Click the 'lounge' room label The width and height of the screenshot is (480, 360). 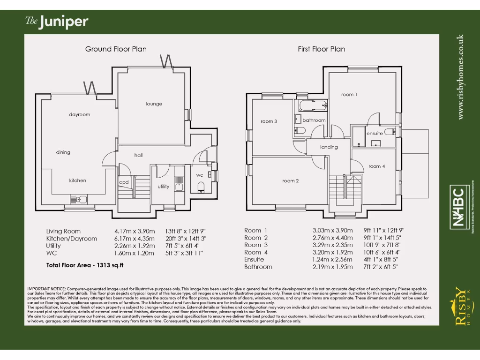[x=154, y=104]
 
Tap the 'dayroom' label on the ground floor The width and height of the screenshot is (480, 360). [x=79, y=114]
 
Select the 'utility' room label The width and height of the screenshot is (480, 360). [x=163, y=187]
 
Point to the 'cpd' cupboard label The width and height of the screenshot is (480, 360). [x=124, y=182]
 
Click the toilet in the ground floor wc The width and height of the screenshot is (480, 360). [x=201, y=187]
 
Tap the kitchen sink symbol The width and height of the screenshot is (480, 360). [x=78, y=199]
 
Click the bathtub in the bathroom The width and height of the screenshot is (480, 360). [x=312, y=105]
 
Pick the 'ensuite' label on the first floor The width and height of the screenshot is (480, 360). [x=375, y=133]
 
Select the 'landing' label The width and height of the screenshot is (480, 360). [x=329, y=147]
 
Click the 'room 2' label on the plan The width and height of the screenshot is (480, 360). [x=291, y=181]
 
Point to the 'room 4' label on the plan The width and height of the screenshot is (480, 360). [x=377, y=166]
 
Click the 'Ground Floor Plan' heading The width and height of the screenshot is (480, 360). [x=116, y=49]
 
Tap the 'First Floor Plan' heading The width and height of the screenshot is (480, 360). [x=322, y=49]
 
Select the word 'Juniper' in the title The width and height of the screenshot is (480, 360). [x=64, y=22]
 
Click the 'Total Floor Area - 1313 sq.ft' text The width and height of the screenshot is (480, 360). [x=84, y=265]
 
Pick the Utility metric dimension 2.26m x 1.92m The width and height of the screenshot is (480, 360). [x=134, y=246]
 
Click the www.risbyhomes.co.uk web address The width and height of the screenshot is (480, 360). [x=461, y=76]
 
